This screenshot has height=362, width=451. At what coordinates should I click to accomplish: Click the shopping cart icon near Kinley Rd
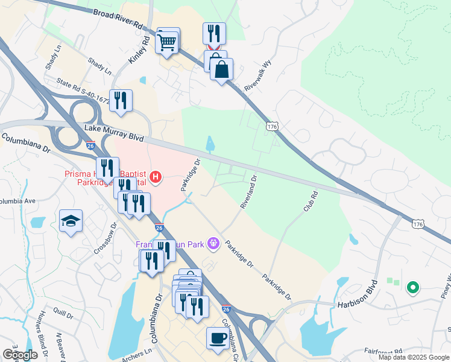point(168,42)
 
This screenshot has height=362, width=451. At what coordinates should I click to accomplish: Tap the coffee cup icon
point(218,338)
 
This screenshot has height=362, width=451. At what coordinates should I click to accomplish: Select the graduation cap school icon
point(71,221)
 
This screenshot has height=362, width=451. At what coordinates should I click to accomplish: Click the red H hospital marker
point(156,177)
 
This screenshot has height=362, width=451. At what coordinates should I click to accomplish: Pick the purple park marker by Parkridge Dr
point(212,244)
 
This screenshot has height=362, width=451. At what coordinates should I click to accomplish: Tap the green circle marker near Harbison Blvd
point(413,288)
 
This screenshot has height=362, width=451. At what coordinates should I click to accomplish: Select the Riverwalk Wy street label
point(260,77)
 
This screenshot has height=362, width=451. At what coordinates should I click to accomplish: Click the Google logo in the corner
point(20,355)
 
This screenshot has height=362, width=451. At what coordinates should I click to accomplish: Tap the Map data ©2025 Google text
point(414,357)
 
